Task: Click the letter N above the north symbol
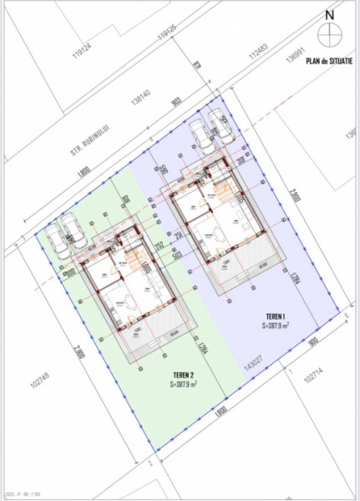point(331,14)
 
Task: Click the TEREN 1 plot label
point(276,316)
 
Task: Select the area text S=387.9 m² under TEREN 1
point(276,326)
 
